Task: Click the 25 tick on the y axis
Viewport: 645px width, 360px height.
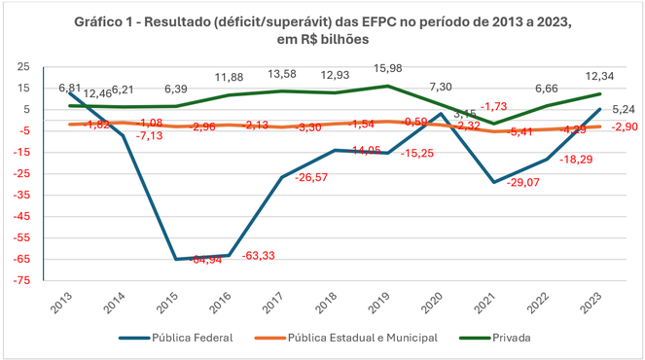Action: point(36,66)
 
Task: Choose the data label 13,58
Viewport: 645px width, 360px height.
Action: point(285,72)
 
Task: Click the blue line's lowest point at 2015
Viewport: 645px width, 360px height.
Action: point(176,259)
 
